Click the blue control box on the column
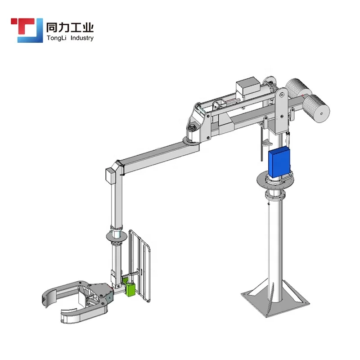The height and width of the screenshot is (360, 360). coord(279,162)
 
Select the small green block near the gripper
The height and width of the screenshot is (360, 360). coord(129,287)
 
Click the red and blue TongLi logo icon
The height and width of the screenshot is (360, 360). coord(27,30)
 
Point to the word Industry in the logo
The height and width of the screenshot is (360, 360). coord(82,38)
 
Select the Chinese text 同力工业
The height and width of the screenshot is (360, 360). coord(70,27)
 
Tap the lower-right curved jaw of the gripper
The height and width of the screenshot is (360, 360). coord(83,315)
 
